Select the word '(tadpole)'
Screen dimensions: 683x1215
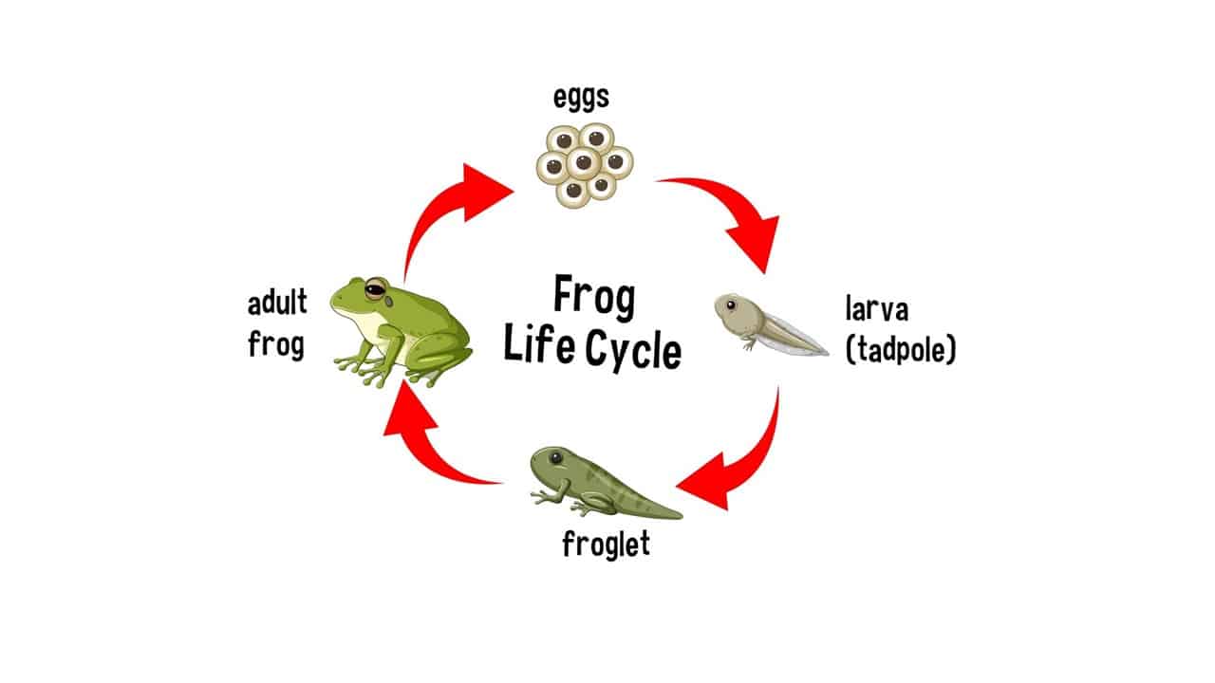[900, 349]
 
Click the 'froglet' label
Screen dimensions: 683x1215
[606, 545]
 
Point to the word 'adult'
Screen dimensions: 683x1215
[277, 304]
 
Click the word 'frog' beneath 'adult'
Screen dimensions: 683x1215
[276, 343]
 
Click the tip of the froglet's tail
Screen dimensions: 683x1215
[680, 516]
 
